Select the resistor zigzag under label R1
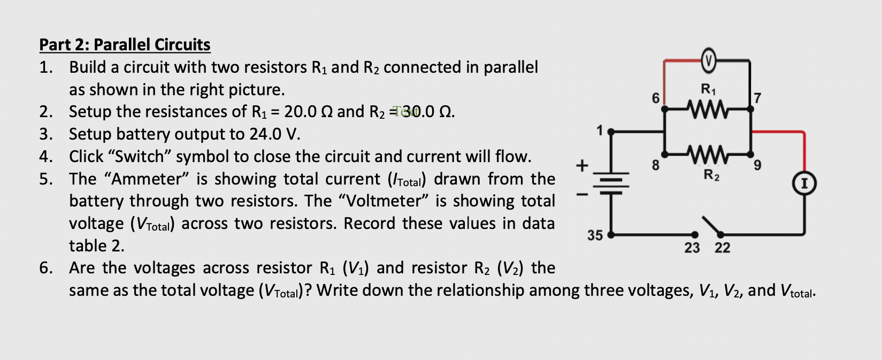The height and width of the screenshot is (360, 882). (x=708, y=108)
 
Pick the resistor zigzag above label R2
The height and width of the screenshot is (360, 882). (x=708, y=155)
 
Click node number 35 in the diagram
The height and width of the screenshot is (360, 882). (x=595, y=235)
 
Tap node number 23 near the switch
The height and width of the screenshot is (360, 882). (x=692, y=248)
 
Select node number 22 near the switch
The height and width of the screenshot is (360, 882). (x=722, y=248)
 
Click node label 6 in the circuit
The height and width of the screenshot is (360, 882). (x=655, y=98)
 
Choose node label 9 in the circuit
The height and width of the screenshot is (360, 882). (x=756, y=165)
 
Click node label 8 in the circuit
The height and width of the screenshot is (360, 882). (x=655, y=165)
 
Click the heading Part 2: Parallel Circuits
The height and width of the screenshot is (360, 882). (x=125, y=44)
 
